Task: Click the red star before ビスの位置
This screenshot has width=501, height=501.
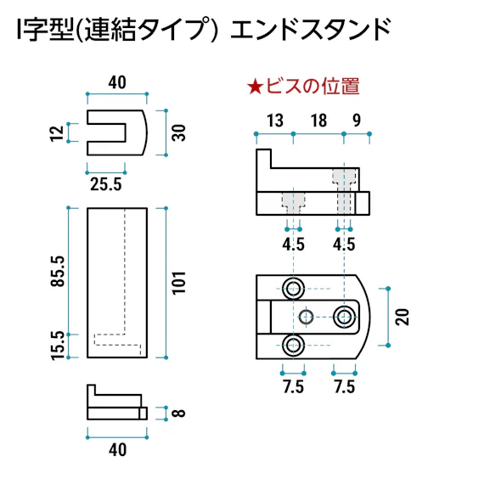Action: (256, 86)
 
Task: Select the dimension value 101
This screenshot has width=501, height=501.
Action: (178, 282)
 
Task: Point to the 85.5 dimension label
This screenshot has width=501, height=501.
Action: (58, 270)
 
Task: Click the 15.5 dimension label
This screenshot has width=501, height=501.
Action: (58, 346)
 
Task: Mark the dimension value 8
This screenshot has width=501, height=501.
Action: (178, 414)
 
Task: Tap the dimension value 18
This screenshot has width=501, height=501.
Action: (318, 121)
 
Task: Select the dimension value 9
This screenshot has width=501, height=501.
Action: (356, 121)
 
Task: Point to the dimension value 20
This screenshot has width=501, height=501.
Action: (402, 317)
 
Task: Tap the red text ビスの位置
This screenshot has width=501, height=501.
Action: (313, 86)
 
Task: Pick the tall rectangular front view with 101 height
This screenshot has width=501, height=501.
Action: (118, 282)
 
